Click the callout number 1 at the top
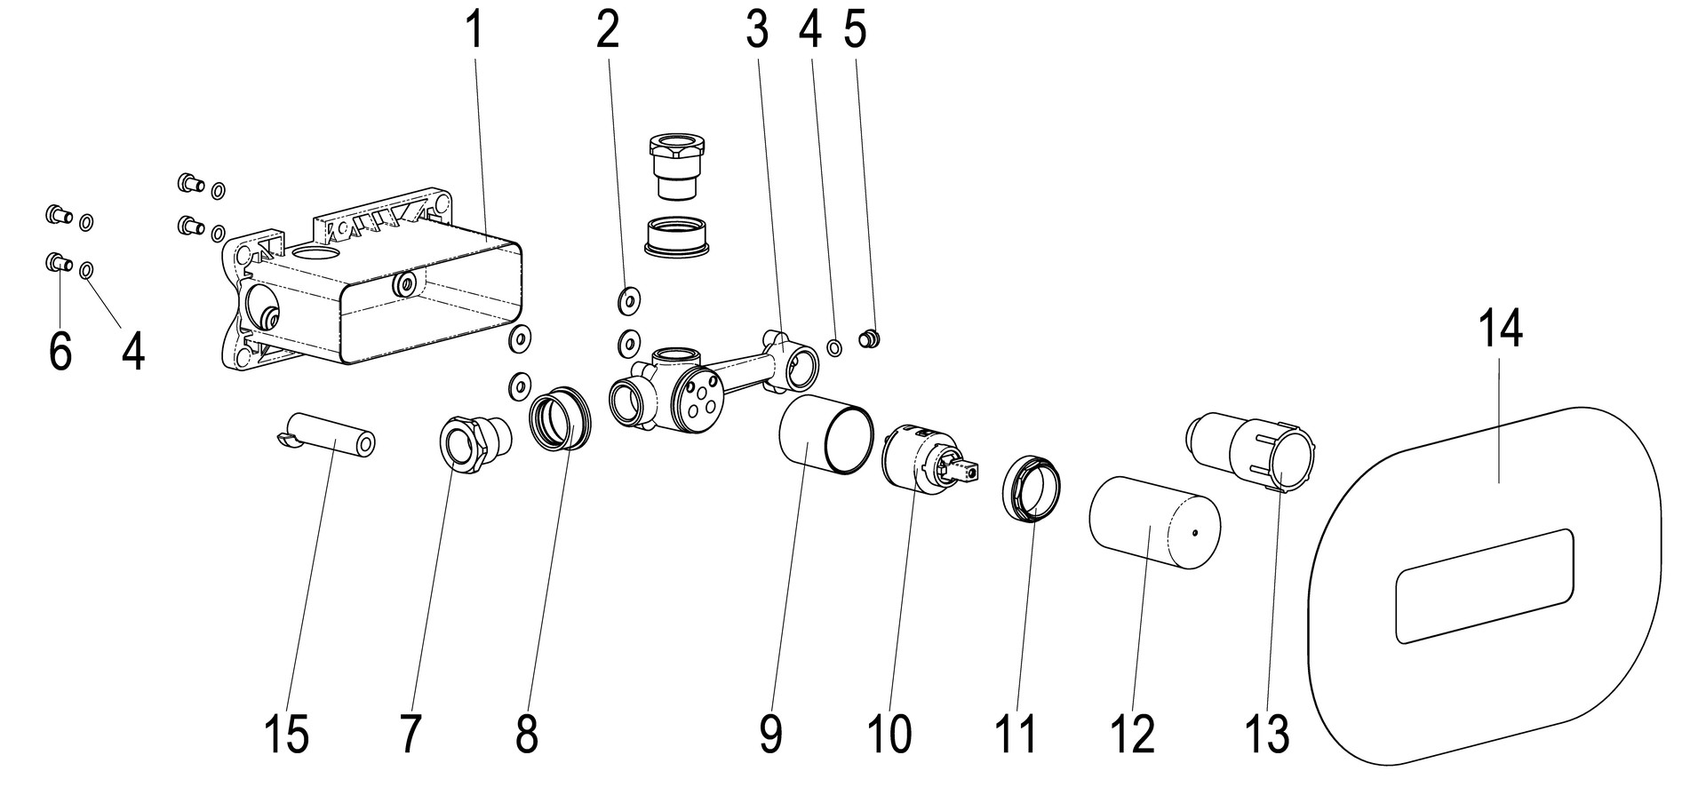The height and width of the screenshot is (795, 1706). click(474, 30)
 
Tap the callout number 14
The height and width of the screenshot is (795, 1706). click(1501, 328)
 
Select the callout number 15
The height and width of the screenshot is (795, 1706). click(286, 735)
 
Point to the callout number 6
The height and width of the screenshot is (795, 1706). click(60, 352)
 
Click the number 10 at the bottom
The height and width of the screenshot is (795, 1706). click(889, 735)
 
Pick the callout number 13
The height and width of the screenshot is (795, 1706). click(1266, 735)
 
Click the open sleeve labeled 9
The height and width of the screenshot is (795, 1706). click(825, 435)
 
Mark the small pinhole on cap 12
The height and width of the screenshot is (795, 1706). click(1197, 533)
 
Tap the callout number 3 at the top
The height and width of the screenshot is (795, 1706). click(756, 30)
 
